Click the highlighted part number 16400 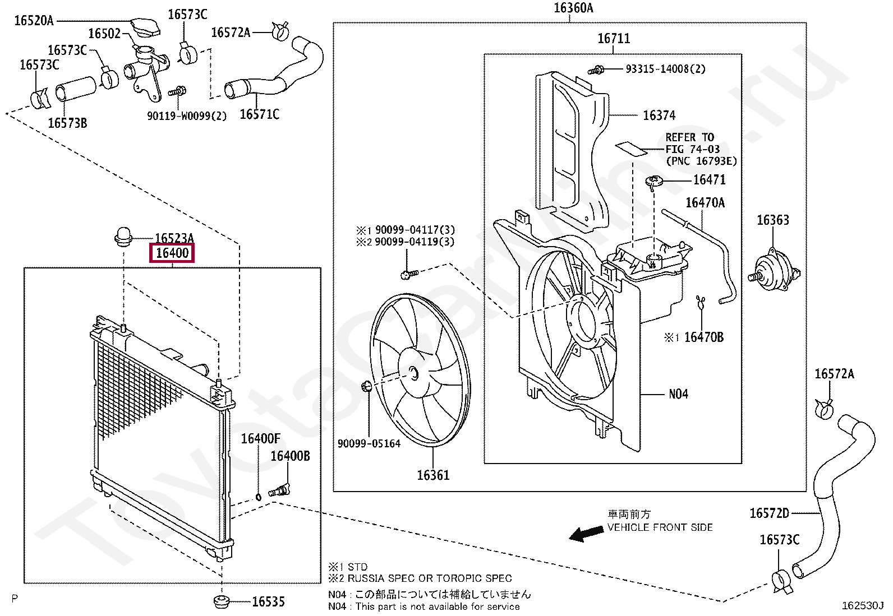point(172,253)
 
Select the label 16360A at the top point(573,8)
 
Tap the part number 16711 point(614,39)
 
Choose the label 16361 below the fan point(433,475)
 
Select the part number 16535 point(268,602)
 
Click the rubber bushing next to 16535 point(222,602)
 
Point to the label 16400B point(290,456)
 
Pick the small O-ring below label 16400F point(258,497)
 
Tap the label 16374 point(659,115)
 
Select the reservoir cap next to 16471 point(654,180)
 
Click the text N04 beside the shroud point(678,395)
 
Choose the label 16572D point(769,513)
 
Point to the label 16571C point(259,114)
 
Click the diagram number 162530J point(862,606)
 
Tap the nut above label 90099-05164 point(367,386)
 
